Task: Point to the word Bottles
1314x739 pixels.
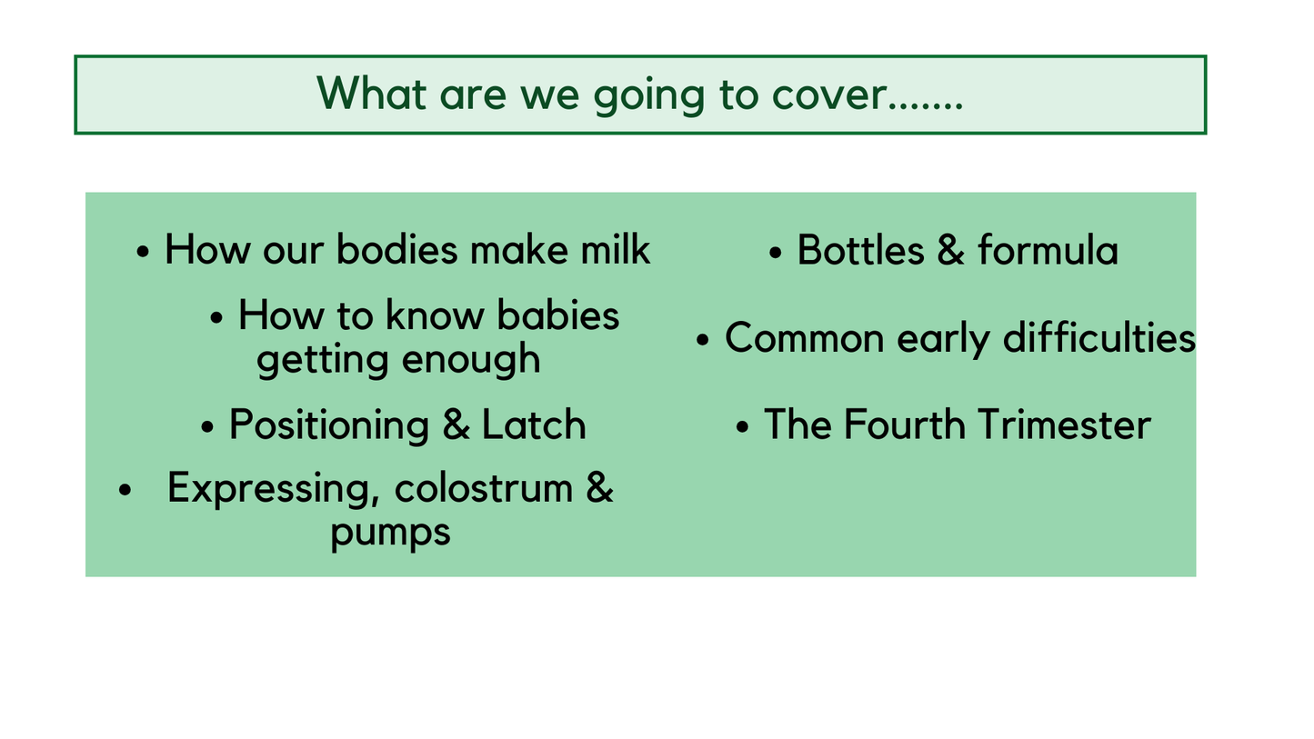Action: (859, 250)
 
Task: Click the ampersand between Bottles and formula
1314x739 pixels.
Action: (950, 250)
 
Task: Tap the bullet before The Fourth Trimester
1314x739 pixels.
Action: (744, 426)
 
